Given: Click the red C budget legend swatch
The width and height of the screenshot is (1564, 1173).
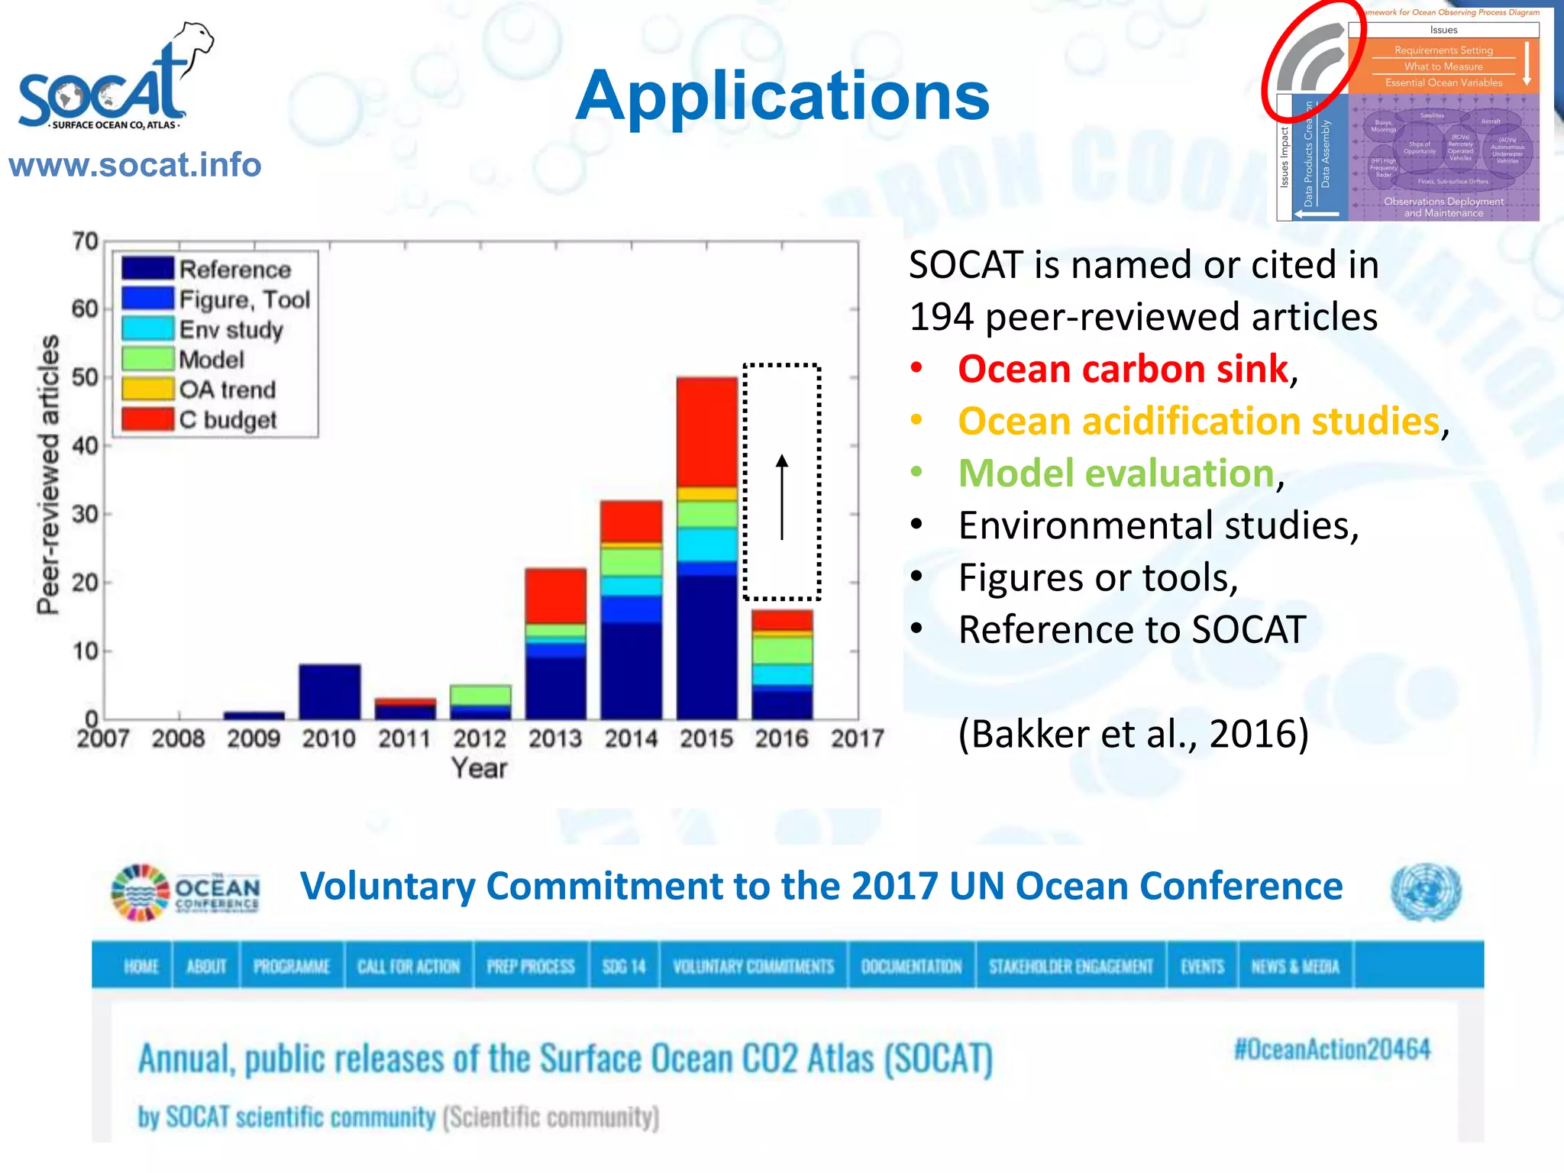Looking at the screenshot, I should tap(147, 419).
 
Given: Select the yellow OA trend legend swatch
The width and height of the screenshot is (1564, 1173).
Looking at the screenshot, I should tap(147, 389).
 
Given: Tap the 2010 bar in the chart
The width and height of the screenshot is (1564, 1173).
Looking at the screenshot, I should tap(329, 692).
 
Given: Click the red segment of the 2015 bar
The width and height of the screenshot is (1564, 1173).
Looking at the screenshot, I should tap(706, 431).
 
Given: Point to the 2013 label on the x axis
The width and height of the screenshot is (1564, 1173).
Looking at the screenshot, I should tap(555, 738).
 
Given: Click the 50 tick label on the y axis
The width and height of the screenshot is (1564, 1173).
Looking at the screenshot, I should tap(85, 377).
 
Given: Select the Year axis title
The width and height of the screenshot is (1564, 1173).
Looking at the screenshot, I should tap(479, 768).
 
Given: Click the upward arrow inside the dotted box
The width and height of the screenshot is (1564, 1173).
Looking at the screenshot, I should tap(781, 496).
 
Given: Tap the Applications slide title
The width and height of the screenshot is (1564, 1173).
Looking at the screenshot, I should tap(782, 96).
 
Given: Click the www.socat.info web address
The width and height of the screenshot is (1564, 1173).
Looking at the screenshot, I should tap(135, 165).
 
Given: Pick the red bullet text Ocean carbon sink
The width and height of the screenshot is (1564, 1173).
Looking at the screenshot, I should tap(1123, 370).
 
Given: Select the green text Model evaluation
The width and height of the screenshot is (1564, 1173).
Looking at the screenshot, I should tap(1116, 473).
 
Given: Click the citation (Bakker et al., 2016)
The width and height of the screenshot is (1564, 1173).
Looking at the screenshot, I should tap(1133, 734).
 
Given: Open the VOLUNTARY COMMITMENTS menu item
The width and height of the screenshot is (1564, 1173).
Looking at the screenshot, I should tap(753, 967).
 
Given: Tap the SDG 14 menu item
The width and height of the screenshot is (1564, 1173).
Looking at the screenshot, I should tap(624, 967).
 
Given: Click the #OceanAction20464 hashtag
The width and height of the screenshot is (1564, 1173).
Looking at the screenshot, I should tap(1332, 1049).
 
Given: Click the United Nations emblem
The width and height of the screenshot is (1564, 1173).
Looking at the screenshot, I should tap(1426, 892).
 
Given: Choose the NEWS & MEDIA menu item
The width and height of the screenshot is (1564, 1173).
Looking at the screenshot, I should tap(1295, 967).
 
